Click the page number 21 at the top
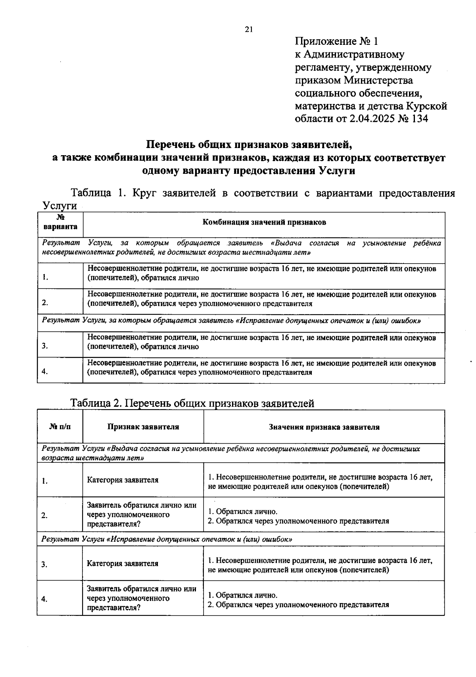click(249, 29)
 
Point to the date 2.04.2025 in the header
click(372, 119)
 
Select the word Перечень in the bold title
click(170, 144)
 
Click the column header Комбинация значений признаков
click(264, 223)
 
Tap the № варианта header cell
click(60, 223)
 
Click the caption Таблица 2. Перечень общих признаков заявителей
click(192, 403)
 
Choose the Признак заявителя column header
click(143, 427)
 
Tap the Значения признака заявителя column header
click(324, 427)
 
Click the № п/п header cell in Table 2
click(61, 427)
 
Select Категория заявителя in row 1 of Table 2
click(123, 480)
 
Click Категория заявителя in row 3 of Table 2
click(123, 564)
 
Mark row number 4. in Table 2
click(44, 600)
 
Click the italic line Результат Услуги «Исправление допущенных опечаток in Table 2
click(167, 540)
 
